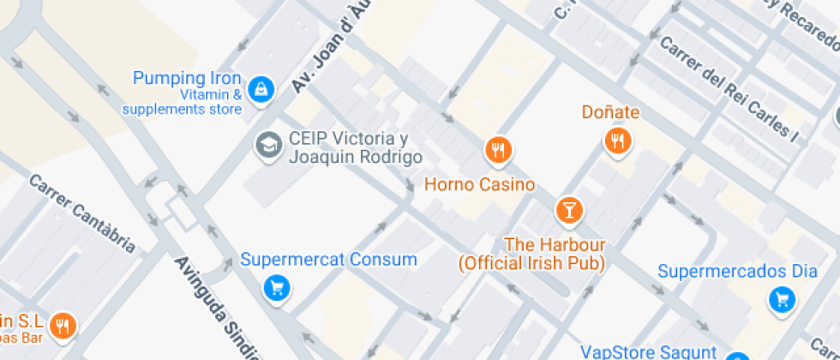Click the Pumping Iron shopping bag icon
[x=261, y=87]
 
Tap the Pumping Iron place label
[x=187, y=79]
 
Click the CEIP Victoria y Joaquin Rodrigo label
[x=355, y=148]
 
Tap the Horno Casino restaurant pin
[x=498, y=151]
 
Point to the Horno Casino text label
[x=480, y=184]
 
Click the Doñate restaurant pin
[x=617, y=141]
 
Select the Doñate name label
[x=610, y=112]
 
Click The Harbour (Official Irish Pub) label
[x=531, y=255]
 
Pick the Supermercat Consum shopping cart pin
[x=276, y=288]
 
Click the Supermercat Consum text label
[x=328, y=259]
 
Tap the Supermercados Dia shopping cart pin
[x=781, y=299]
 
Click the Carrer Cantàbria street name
[x=82, y=213]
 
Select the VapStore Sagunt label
[x=648, y=351]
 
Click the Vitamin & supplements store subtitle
[x=182, y=102]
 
